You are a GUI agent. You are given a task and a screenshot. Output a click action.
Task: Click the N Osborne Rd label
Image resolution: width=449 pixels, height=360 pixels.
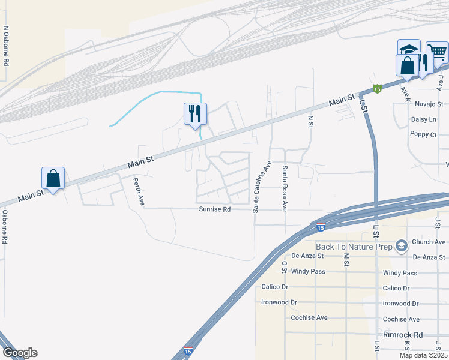pyautogui.click(x=6, y=45)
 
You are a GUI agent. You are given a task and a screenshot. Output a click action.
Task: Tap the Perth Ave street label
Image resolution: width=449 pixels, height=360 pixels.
pyautogui.click(x=139, y=191)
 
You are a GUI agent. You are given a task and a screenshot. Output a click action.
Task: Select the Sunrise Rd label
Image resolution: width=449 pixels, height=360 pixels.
pyautogui.click(x=215, y=209)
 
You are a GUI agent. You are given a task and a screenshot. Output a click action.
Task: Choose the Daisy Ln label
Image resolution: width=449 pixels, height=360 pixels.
pyautogui.click(x=424, y=119)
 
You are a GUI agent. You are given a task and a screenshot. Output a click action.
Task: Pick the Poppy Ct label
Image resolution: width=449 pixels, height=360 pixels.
pyautogui.click(x=424, y=134)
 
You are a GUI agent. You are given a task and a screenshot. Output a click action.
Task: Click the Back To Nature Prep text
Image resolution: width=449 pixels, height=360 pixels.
pyautogui.click(x=354, y=246)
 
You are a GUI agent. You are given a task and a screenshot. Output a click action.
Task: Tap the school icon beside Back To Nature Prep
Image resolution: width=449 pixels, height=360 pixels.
pyautogui.click(x=402, y=245)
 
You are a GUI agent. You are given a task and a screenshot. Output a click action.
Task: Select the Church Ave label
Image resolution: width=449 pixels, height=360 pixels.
pyautogui.click(x=429, y=242)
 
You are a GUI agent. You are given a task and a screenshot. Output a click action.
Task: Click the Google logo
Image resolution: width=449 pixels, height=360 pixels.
pyautogui.click(x=20, y=353)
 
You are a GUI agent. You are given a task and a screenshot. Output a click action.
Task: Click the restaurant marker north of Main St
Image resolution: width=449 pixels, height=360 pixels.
pyautogui.click(x=195, y=113)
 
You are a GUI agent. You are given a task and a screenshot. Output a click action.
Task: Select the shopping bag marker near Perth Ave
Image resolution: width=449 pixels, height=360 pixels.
pyautogui.click(x=53, y=178)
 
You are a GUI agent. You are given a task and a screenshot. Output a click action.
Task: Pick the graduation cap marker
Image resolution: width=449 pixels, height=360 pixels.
pyautogui.click(x=409, y=50)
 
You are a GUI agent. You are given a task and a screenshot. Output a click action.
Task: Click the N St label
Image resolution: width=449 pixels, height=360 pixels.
pyautogui.click(x=311, y=122)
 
